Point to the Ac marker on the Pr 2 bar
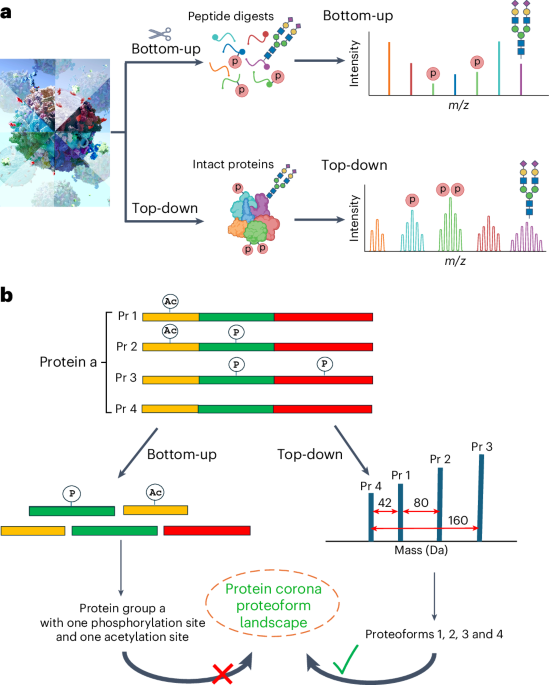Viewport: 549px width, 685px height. pos(169,330)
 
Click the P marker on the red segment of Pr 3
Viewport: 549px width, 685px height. pos(324,363)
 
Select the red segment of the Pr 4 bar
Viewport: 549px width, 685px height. pos(323,408)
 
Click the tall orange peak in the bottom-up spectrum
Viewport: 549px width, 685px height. pos(388,68)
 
